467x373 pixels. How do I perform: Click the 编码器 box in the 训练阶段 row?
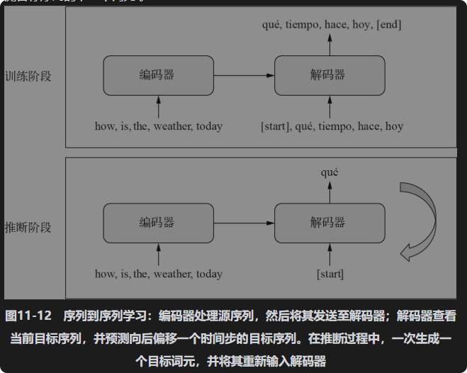click(157, 75)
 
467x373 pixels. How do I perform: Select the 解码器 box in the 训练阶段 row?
click(329, 75)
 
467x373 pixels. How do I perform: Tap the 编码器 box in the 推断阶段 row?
click(157, 223)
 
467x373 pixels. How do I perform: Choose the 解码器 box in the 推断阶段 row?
click(329, 223)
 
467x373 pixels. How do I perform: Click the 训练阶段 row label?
click(28, 76)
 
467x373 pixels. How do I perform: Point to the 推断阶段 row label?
click(28, 228)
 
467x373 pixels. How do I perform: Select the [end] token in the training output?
click(389, 25)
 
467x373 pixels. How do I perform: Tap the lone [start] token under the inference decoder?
click(330, 274)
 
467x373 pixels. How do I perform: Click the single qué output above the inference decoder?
click(330, 172)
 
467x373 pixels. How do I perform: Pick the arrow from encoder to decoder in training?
click(244, 75)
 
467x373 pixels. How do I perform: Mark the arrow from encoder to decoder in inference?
click(244, 223)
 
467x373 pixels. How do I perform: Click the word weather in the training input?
click(172, 126)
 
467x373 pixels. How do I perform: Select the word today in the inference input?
click(209, 274)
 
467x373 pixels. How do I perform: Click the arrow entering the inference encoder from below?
click(158, 254)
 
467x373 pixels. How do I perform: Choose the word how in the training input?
click(106, 126)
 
